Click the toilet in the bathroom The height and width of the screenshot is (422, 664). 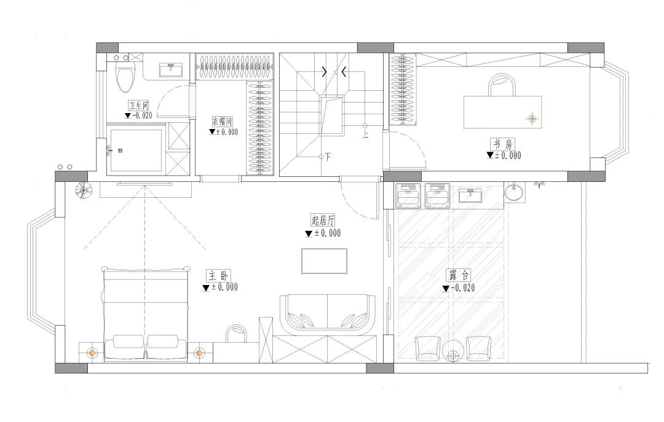125,77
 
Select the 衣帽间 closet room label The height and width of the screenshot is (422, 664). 223,122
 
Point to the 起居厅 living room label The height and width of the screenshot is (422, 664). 323,221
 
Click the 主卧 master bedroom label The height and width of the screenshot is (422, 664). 218,276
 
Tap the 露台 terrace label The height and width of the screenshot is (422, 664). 459,276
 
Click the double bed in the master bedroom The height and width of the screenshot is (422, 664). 146,314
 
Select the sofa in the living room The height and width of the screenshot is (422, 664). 327,313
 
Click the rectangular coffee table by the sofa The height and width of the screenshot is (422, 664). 325,260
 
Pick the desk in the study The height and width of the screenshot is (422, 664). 503,112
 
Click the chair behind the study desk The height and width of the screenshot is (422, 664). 503,85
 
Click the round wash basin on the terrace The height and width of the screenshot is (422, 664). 513,193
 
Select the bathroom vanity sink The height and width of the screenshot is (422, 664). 171,70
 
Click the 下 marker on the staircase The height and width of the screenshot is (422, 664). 328,157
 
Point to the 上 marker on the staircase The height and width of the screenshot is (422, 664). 365,135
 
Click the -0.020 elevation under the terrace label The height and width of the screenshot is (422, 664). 464,288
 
